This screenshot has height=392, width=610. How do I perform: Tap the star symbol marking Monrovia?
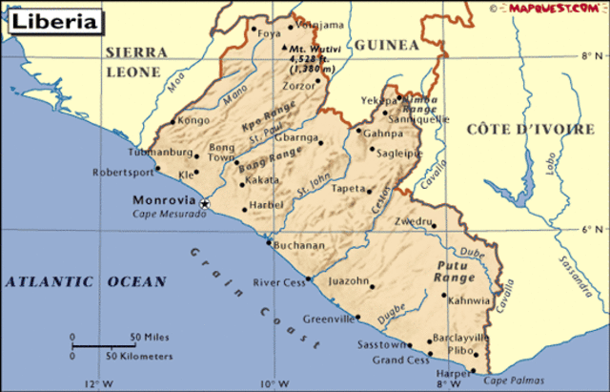[203, 202]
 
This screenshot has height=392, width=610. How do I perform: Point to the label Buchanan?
[298, 245]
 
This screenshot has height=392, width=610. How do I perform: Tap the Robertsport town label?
[121, 173]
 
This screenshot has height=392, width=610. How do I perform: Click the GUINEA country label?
[387, 45]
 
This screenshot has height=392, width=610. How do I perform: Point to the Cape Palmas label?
[512, 382]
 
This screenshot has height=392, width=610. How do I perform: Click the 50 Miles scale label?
[150, 338]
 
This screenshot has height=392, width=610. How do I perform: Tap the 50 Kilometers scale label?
[139, 356]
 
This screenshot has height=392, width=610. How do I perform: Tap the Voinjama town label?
[315, 23]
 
